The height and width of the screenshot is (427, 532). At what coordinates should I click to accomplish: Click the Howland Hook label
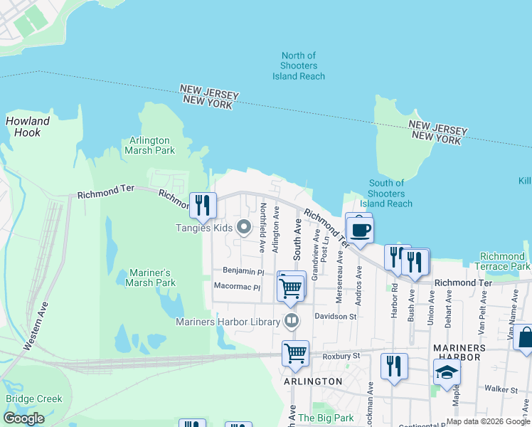pyautogui.click(x=28, y=127)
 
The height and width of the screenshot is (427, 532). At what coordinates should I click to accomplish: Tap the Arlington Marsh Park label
pyautogui.click(x=149, y=145)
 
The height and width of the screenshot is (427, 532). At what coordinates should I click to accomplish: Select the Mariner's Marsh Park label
pyautogui.click(x=151, y=278)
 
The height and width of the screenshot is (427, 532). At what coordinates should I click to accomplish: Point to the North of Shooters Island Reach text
pyautogui.click(x=298, y=66)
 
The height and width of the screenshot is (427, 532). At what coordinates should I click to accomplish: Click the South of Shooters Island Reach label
pyautogui.click(x=386, y=194)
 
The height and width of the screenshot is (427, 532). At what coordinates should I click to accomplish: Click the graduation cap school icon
pyautogui.click(x=447, y=371)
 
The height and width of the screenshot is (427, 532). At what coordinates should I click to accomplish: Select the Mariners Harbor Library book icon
pyautogui.click(x=290, y=322)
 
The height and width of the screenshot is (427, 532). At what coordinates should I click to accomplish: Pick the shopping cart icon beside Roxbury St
pyautogui.click(x=294, y=353)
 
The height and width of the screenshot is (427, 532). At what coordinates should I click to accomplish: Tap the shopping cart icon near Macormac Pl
pyautogui.click(x=291, y=288)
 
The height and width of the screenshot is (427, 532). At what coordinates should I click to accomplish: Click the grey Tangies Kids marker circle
pyautogui.click(x=244, y=228)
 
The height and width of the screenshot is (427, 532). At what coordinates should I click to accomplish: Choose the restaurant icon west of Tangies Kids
pyautogui.click(x=202, y=205)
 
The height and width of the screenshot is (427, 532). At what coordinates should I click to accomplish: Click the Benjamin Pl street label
pyautogui.click(x=243, y=271)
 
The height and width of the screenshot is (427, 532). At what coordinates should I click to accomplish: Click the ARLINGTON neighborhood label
pyautogui.click(x=313, y=381)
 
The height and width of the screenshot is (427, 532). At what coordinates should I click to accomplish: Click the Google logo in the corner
pyautogui.click(x=23, y=418)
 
